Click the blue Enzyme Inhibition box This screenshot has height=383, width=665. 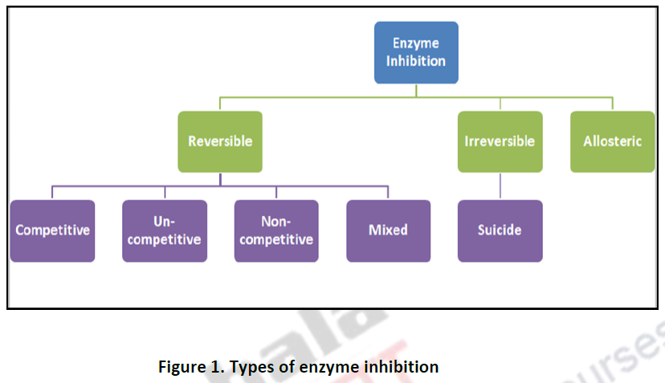click(416, 52)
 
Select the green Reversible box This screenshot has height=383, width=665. click(220, 141)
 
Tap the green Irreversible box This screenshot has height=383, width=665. click(500, 141)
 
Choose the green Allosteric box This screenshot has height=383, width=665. click(612, 141)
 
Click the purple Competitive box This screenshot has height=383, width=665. click(52, 230)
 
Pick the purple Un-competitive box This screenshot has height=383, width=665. click(165, 230)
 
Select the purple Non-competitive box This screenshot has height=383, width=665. click(276, 230)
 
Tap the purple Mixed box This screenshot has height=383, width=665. click(388, 230)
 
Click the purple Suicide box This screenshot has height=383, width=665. click(500, 230)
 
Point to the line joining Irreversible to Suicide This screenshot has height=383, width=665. click(500, 185)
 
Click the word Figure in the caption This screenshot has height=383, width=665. click(182, 367)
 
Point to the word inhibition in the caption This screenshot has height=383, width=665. click(402, 367)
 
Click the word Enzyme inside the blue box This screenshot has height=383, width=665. click(416, 43)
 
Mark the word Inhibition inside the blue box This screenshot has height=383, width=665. click(416, 61)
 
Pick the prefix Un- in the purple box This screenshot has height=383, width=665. click(165, 221)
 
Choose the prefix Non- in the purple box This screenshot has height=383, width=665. click(276, 221)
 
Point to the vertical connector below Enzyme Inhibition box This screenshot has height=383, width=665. click(416, 90)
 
